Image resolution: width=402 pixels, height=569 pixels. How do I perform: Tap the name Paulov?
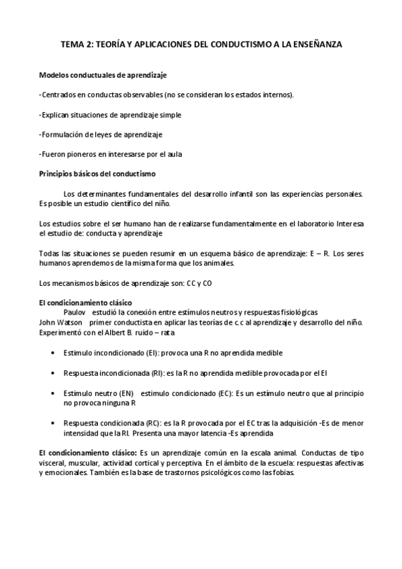[75, 313]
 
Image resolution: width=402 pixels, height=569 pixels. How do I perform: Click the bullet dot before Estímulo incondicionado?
[54, 352]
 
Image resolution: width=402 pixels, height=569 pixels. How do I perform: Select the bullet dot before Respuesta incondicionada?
[54, 372]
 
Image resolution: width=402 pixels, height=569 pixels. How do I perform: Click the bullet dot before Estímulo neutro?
[54, 393]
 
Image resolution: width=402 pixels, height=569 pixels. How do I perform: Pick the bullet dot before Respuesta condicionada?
[54, 424]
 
